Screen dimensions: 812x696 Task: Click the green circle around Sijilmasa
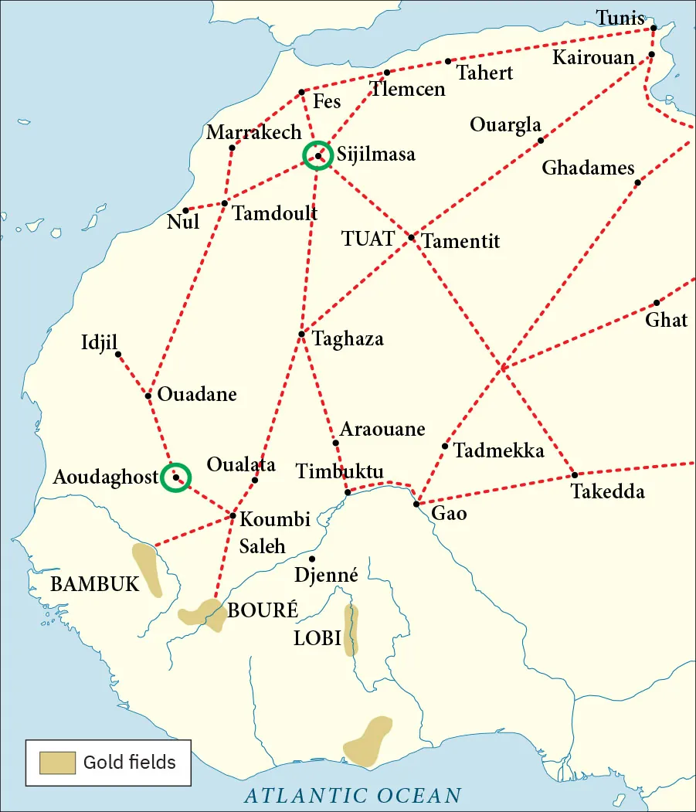coord(317,155)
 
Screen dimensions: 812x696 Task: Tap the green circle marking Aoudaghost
coord(176,477)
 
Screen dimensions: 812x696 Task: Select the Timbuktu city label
coord(339,471)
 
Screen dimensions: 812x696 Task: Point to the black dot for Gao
coord(416,504)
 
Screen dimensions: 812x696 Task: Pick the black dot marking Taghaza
coord(301,334)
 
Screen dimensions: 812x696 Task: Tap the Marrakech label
coord(253,133)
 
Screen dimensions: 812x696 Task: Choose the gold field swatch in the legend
coord(58,763)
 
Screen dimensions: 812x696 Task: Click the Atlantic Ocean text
coord(352,795)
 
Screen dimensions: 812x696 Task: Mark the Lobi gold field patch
coord(351,629)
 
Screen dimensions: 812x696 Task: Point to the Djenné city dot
coord(312,559)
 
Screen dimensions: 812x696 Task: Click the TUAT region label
coord(368,239)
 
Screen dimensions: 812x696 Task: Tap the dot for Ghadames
coord(637,182)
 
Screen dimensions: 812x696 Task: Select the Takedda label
coord(607,491)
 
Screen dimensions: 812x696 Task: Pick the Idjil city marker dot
coord(118,354)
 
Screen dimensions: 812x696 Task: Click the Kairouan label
coord(593,58)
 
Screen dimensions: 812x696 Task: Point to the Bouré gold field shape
coord(201,613)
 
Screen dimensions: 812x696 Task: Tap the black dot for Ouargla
coord(541,140)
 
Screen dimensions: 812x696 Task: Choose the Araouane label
coord(382,429)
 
